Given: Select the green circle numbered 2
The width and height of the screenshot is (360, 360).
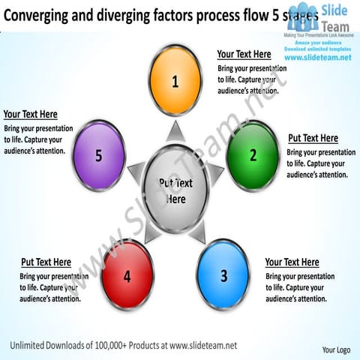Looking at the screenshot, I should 252,155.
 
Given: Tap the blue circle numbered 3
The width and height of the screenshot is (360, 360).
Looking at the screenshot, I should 223,274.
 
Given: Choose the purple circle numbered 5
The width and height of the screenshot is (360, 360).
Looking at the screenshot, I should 98,155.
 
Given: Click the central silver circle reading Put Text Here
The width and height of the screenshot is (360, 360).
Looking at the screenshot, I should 175,190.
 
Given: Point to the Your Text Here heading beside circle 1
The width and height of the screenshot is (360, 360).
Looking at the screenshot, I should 244,54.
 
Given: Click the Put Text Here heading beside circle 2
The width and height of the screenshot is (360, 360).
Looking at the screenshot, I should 313,138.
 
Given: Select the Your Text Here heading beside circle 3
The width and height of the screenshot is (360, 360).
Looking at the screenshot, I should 292,262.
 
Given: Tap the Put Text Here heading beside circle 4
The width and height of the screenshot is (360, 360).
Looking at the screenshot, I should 46,262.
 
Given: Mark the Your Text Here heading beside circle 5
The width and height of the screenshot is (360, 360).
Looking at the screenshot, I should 30,114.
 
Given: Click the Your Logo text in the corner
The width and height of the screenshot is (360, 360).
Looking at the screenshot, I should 336,349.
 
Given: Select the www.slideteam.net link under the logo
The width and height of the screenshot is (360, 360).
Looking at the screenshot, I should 319,58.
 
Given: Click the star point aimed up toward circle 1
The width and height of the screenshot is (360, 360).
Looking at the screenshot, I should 175,133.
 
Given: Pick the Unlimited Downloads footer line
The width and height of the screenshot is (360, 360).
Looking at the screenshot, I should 124,345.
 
